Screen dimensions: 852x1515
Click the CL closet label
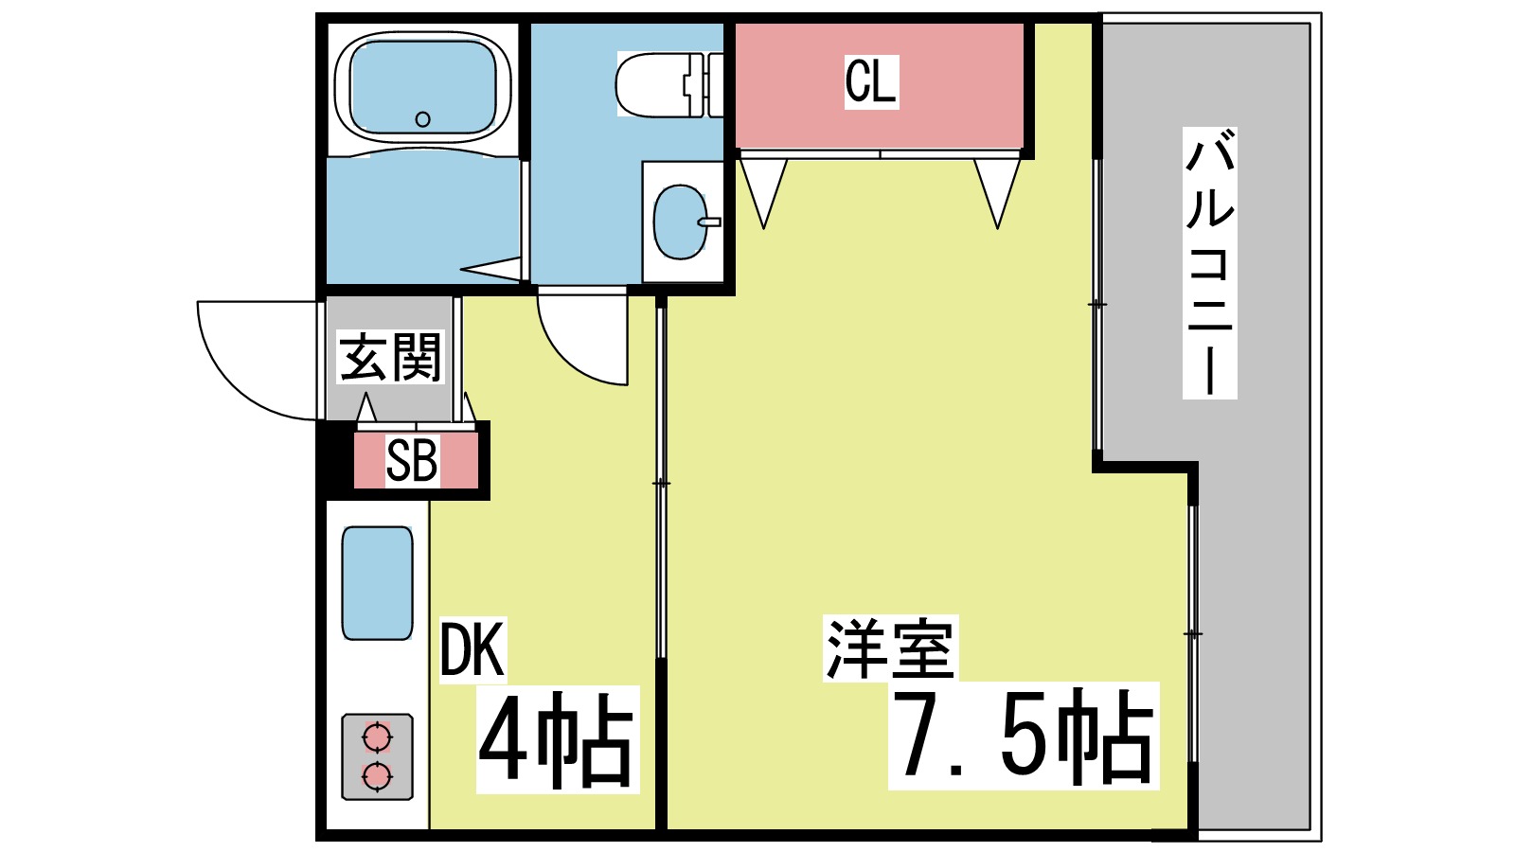coord(870,81)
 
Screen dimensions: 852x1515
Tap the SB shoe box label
coord(412,462)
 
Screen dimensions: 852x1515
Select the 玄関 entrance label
coord(391,358)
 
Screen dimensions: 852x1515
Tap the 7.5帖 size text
coord(1023,736)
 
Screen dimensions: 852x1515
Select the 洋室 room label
coord(890,648)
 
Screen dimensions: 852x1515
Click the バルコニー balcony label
coord(1209,263)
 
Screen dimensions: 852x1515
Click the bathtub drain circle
coord(423,119)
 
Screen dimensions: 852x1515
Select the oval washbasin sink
coord(680,222)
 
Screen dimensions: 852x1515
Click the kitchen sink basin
coord(377,583)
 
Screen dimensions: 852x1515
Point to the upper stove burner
coord(377,737)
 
